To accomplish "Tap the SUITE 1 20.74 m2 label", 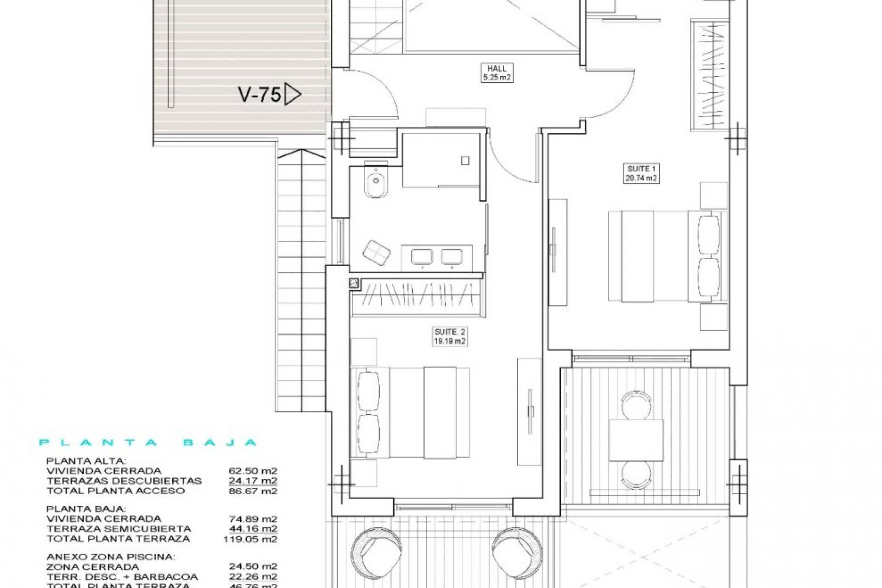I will coord(641,174).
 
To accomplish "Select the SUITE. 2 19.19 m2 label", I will coord(450,337).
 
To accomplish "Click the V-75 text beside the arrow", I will coord(260,95).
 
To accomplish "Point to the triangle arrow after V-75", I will coord(292,95).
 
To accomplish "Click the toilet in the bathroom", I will coord(376,183).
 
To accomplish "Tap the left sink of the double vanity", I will coord(422,256).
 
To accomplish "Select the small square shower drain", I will coord(465,161).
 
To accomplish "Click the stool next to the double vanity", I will coord(376,253).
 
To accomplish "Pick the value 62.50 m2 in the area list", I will coord(253,471).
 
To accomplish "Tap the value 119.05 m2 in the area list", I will coord(251,539).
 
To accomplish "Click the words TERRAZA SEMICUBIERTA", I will coord(119,529).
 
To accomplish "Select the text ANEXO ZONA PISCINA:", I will coord(111,557).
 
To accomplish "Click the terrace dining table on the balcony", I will coord(636,440).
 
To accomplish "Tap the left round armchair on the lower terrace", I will coord(376,549).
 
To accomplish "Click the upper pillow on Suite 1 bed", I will coord(708,234).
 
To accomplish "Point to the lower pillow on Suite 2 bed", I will coord(368,434).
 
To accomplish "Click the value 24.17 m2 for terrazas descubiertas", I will coord(253,481).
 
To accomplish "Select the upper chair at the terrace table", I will coord(636,404).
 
